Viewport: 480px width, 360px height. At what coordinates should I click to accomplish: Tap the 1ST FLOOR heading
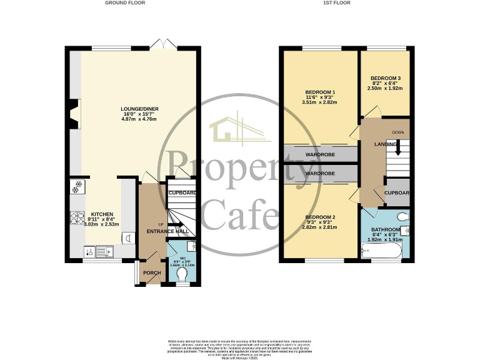pos(336,3)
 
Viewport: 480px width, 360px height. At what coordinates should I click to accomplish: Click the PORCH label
pos(152,273)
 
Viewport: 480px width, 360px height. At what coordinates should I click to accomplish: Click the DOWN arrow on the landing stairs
pos(397,145)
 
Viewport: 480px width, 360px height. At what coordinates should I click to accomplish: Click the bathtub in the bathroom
pos(381,252)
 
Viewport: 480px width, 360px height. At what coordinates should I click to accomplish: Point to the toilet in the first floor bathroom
pos(403,217)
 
